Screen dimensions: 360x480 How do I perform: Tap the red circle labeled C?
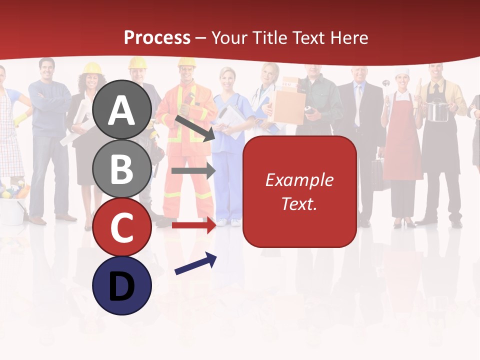(x=121, y=227)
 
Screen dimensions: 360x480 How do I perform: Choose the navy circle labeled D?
(x=121, y=285)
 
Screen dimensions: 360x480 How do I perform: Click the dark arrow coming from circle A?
(x=195, y=128)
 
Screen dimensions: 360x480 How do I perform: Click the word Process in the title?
(x=157, y=37)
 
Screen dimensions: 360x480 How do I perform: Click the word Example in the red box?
(x=299, y=180)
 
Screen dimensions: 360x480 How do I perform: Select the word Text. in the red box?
(x=299, y=203)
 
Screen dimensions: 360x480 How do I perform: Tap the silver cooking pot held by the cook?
(x=437, y=110)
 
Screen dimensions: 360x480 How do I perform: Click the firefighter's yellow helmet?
(x=186, y=62)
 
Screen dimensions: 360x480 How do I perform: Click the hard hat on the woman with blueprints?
(x=92, y=68)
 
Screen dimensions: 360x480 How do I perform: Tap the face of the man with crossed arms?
(x=47, y=69)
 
